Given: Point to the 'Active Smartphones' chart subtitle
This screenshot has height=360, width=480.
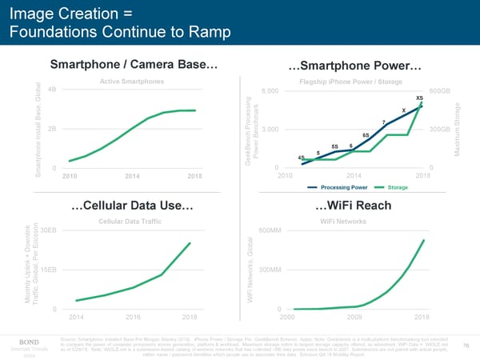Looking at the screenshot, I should click(x=132, y=82).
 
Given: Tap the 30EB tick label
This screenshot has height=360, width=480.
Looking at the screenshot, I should click(x=47, y=230).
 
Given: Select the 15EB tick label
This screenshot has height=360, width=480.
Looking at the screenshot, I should click(x=47, y=270).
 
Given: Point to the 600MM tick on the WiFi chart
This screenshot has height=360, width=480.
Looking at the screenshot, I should click(x=270, y=230).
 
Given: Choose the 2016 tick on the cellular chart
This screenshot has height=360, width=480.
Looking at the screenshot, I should click(x=134, y=317).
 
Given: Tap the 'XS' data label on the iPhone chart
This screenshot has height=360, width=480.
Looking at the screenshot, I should click(x=419, y=97).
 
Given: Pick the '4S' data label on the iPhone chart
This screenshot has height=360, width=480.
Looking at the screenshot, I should click(x=301, y=158).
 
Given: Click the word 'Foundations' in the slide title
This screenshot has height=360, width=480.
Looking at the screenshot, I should click(x=52, y=32).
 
